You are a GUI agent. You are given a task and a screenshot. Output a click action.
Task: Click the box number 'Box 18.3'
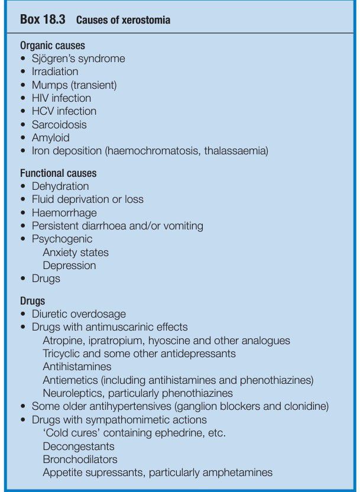43,20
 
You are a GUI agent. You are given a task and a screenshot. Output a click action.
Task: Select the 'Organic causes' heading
53,46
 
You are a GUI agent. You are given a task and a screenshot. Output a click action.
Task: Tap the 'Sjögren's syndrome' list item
78,59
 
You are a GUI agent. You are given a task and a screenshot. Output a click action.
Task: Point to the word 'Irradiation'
55,72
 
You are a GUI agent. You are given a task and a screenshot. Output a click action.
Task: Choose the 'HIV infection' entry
61,98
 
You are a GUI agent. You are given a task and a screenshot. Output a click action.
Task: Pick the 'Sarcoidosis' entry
59,125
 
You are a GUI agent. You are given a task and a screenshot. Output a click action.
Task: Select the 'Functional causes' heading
59,173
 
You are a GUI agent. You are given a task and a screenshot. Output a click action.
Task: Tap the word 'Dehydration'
60,186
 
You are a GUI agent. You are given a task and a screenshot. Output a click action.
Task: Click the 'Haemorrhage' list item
64,212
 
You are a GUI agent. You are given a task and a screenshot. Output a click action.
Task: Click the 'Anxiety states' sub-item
76,253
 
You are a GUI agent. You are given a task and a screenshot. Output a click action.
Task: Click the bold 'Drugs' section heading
33,301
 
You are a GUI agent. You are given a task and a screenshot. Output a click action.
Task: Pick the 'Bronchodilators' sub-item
80,459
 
